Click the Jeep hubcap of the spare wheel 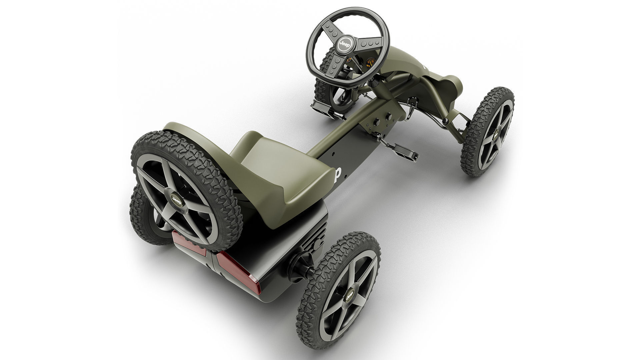coord(176,200)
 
